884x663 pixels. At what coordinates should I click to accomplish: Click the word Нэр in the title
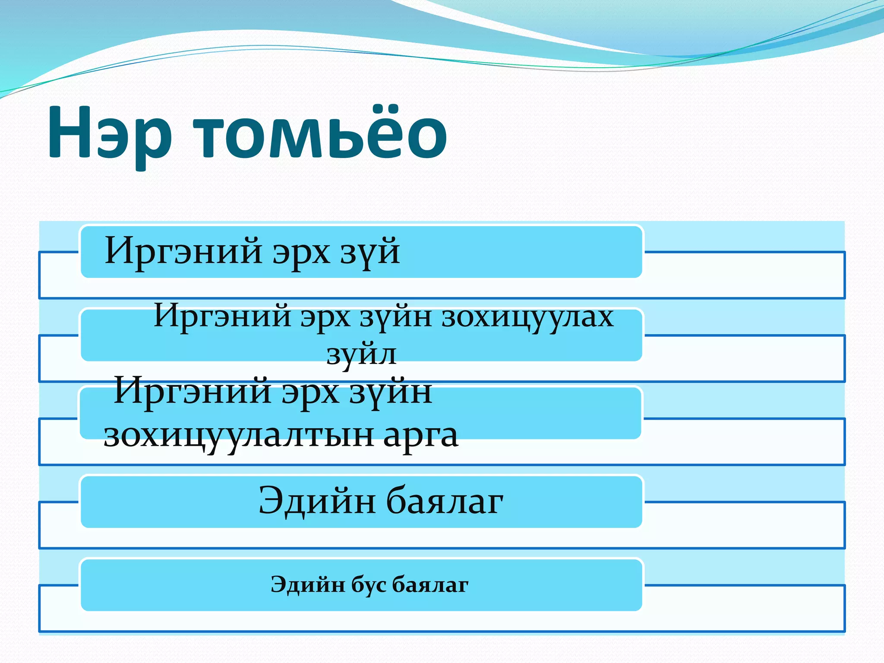point(110,134)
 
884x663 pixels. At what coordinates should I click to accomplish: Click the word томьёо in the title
point(319,134)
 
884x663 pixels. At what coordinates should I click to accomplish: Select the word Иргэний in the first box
point(183,251)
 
